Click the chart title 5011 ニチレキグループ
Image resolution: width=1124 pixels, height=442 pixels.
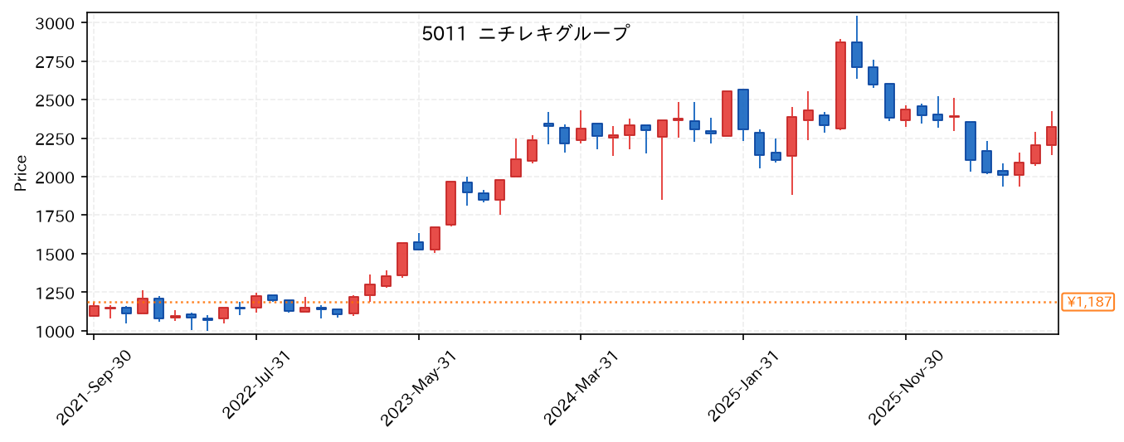click(x=525, y=34)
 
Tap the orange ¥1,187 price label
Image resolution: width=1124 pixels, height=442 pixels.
click(x=1088, y=302)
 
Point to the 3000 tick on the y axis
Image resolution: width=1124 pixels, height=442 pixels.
click(x=55, y=23)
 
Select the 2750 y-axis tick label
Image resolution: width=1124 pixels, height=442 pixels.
click(x=55, y=62)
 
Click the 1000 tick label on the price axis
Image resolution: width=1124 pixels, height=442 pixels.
click(x=55, y=331)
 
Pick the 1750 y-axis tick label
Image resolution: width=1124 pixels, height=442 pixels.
click(x=55, y=216)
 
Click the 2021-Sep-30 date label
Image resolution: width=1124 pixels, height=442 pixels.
click(x=94, y=387)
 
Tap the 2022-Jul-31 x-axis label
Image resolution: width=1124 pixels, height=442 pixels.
click(x=256, y=385)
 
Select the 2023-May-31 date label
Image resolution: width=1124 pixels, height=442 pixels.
click(x=418, y=388)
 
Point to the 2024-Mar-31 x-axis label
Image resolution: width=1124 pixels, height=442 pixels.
click(x=581, y=388)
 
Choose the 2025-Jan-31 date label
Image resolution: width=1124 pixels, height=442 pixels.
click(x=743, y=386)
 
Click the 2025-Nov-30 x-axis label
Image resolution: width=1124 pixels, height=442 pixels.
click(x=906, y=387)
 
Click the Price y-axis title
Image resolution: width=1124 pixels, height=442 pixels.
click(x=21, y=173)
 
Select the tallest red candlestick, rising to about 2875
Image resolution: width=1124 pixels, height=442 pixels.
click(x=840, y=85)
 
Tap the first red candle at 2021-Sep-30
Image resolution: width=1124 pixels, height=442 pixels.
click(x=94, y=310)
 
